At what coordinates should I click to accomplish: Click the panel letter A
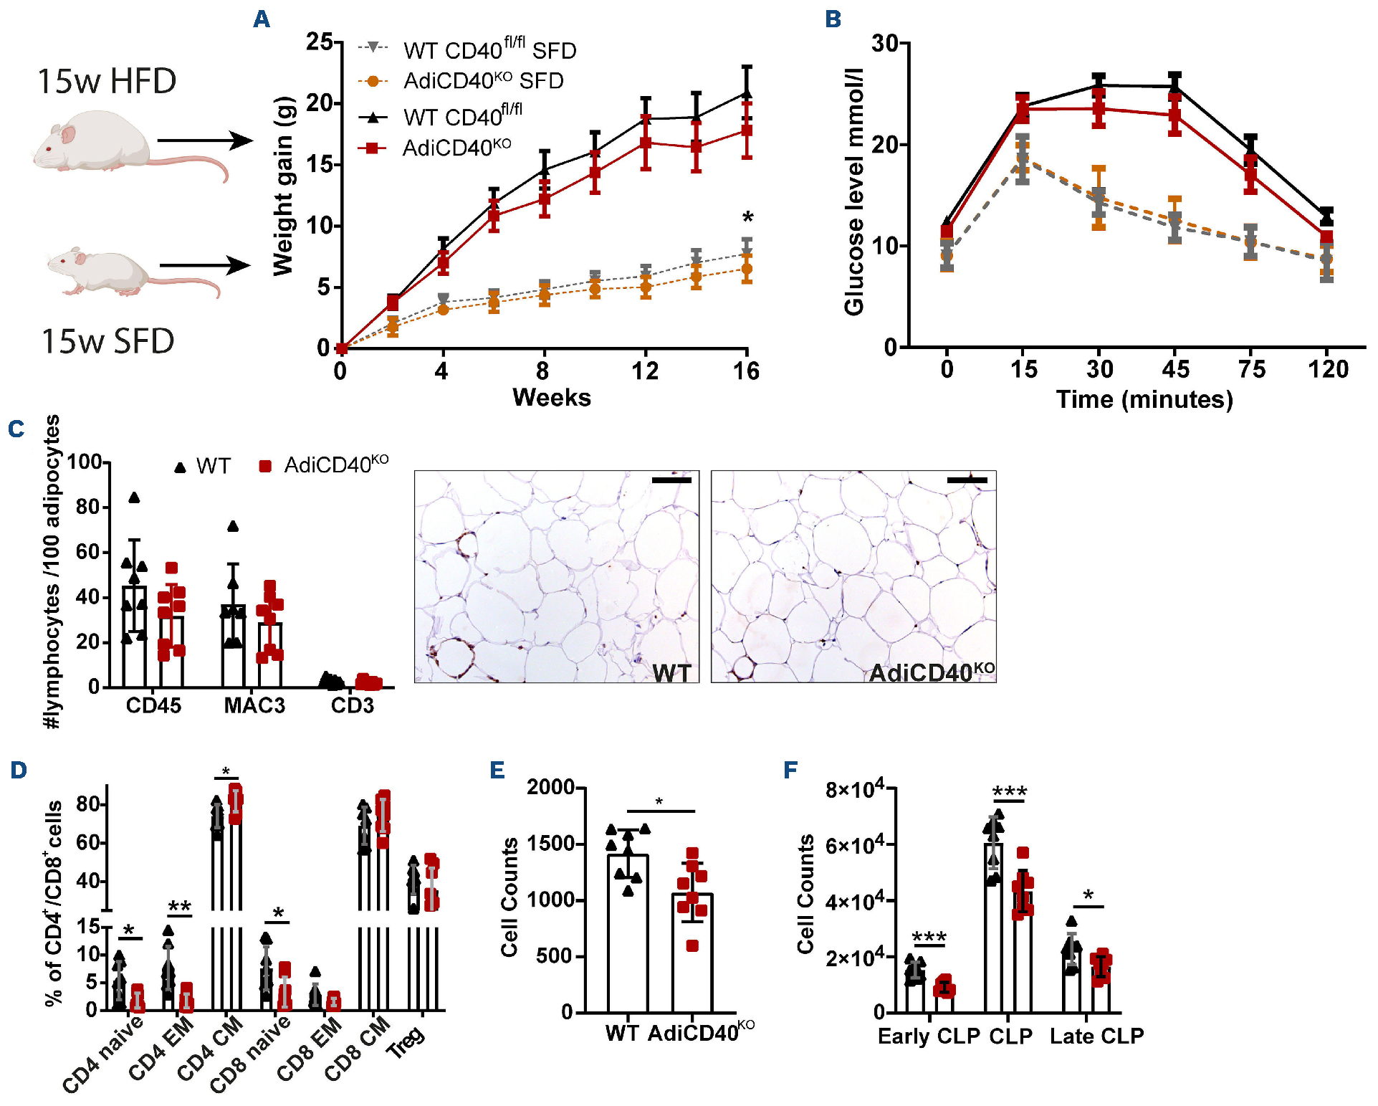pos(262,19)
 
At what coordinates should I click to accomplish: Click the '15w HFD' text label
pos(107,81)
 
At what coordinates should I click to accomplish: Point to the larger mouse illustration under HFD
pos(93,141)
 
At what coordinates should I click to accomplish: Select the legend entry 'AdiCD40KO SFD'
pos(483,81)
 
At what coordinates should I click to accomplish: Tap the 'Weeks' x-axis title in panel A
pos(551,397)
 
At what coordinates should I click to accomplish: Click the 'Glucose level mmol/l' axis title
pos(854,192)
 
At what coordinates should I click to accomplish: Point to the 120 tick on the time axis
pos(1328,369)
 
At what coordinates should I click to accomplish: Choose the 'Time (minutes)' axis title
pos(1144,399)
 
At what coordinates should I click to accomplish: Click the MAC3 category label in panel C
pos(254,705)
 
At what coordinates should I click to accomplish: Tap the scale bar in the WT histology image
pos(671,480)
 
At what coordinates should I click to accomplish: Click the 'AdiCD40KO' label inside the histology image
pos(931,672)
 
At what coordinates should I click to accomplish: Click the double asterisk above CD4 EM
pos(179,907)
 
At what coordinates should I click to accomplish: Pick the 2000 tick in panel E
pos(551,787)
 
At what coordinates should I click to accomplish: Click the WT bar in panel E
pos(628,932)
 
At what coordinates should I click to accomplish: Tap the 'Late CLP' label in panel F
pos(1096,1036)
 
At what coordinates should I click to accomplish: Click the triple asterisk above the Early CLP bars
pos(929,937)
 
